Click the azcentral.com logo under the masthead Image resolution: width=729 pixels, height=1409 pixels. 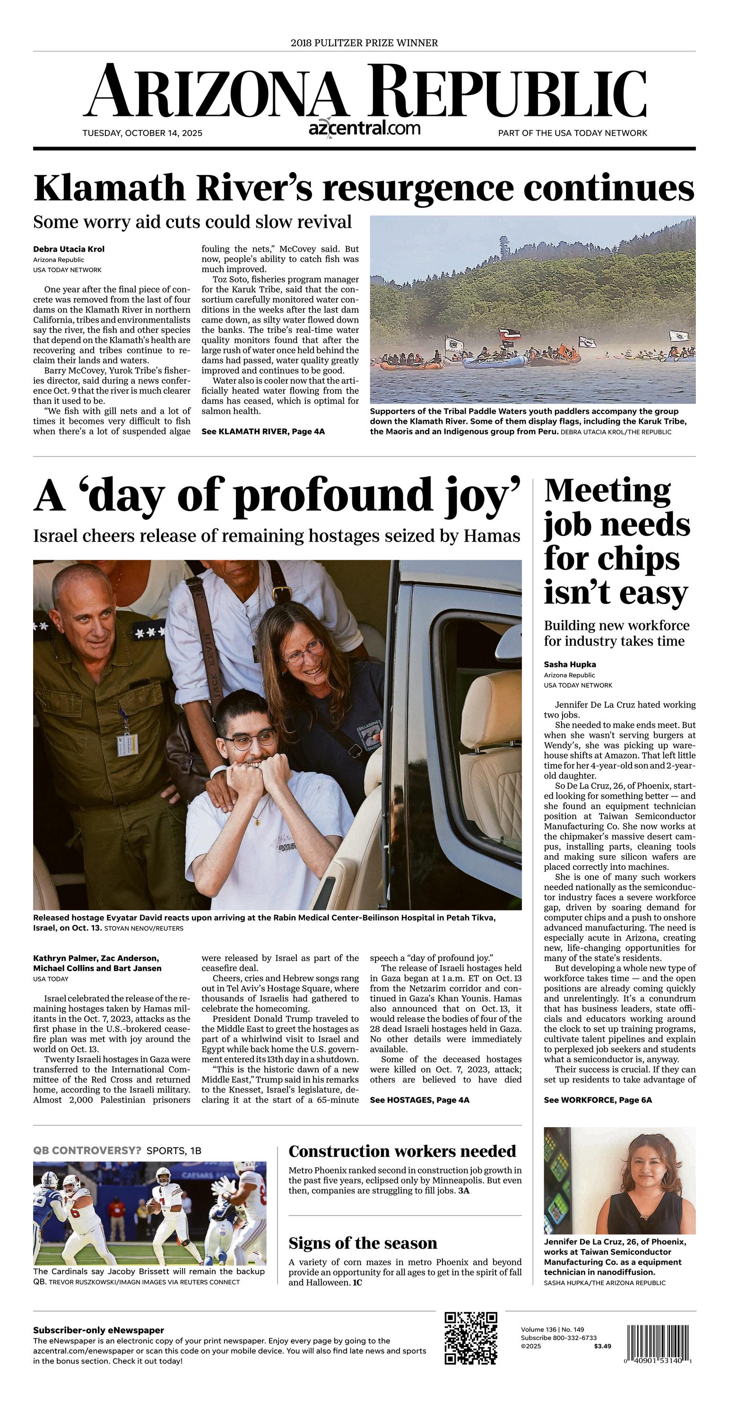tap(364, 129)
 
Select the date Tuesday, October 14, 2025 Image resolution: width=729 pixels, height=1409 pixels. tap(142, 133)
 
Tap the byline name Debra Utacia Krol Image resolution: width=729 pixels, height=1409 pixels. tap(69, 249)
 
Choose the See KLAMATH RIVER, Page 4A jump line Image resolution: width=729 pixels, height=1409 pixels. tap(263, 431)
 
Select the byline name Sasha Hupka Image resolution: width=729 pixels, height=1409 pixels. tap(570, 665)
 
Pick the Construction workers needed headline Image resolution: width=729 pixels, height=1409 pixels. tap(402, 1151)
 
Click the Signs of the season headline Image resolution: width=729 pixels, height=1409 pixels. tap(363, 1243)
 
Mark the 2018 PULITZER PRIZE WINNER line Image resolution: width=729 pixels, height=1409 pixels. tap(364, 43)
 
